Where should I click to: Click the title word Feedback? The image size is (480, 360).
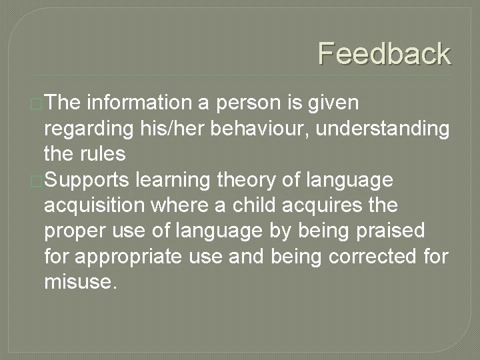click(384, 53)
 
